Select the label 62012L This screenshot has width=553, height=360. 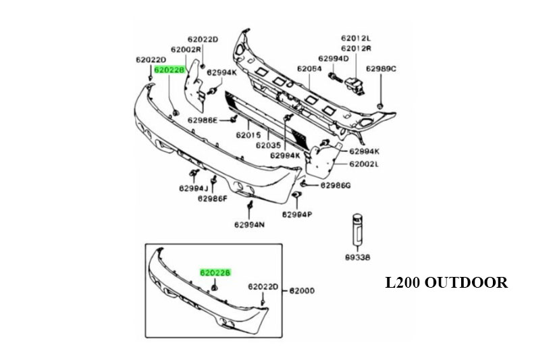coord(356,38)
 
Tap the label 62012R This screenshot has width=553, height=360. coord(356,49)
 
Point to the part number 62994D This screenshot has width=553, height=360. coord(333,59)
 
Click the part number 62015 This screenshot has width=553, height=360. coord(248,135)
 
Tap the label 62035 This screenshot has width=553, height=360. coord(267,145)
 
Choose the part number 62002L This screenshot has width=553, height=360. coord(365,163)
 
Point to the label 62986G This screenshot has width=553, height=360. coord(336,184)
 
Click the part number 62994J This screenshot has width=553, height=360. coord(194,188)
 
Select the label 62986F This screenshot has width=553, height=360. coord(213,199)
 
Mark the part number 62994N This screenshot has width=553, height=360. coord(250,225)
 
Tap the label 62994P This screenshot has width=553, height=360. coord(297,215)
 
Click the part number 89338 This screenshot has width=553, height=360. coord(357,257)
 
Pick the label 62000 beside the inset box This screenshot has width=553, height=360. coord(302,291)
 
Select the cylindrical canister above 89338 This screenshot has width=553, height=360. coord(357,230)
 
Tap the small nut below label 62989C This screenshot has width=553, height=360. coord(381,105)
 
